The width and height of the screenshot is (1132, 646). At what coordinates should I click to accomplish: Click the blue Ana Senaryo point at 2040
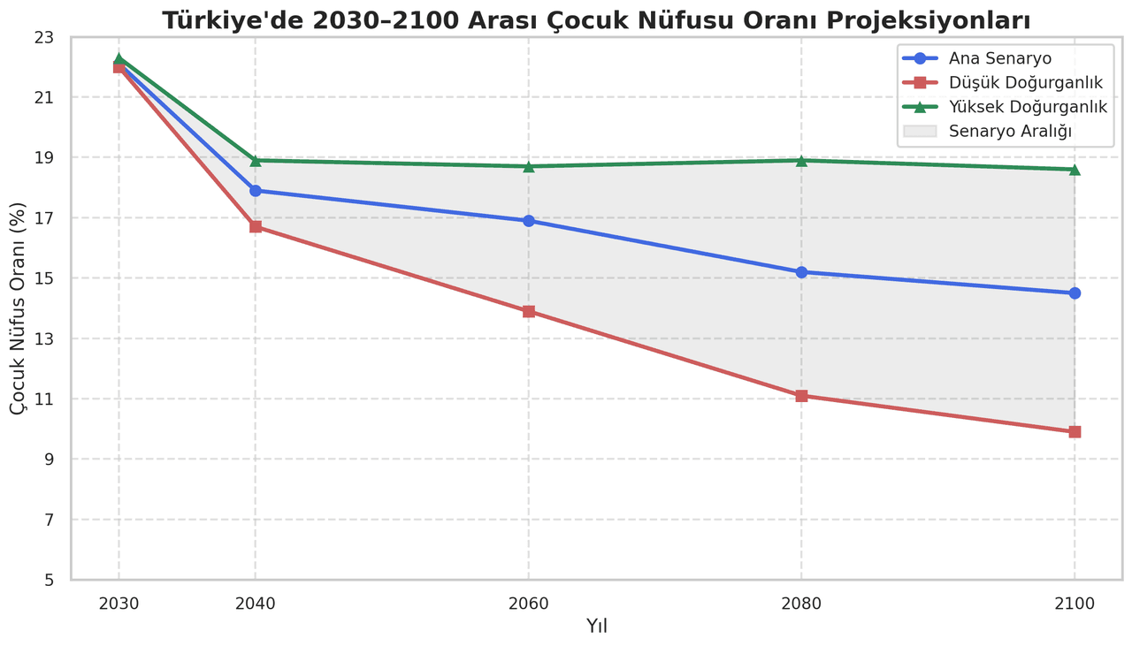point(256,191)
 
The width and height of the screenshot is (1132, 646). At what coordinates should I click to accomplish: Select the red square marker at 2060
point(529,311)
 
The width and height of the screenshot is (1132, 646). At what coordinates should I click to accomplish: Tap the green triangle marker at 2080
point(801,161)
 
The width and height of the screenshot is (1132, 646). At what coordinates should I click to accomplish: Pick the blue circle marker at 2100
point(1075,293)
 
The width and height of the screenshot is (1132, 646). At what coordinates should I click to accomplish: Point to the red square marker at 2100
point(1075,432)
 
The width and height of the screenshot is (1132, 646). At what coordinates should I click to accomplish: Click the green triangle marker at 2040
point(256,161)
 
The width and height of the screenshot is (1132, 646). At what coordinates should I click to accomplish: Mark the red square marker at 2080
point(801,396)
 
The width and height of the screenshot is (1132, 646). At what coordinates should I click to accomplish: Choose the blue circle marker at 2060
point(529,221)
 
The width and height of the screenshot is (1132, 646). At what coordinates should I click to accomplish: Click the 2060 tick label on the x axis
point(529,604)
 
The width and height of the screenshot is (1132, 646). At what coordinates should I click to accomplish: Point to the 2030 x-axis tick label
point(119,604)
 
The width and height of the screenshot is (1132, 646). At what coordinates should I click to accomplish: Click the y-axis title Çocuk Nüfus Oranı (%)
point(19,308)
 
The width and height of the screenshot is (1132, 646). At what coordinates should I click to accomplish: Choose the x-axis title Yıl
point(596,627)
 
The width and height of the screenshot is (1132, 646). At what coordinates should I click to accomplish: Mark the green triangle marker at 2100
point(1075,169)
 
